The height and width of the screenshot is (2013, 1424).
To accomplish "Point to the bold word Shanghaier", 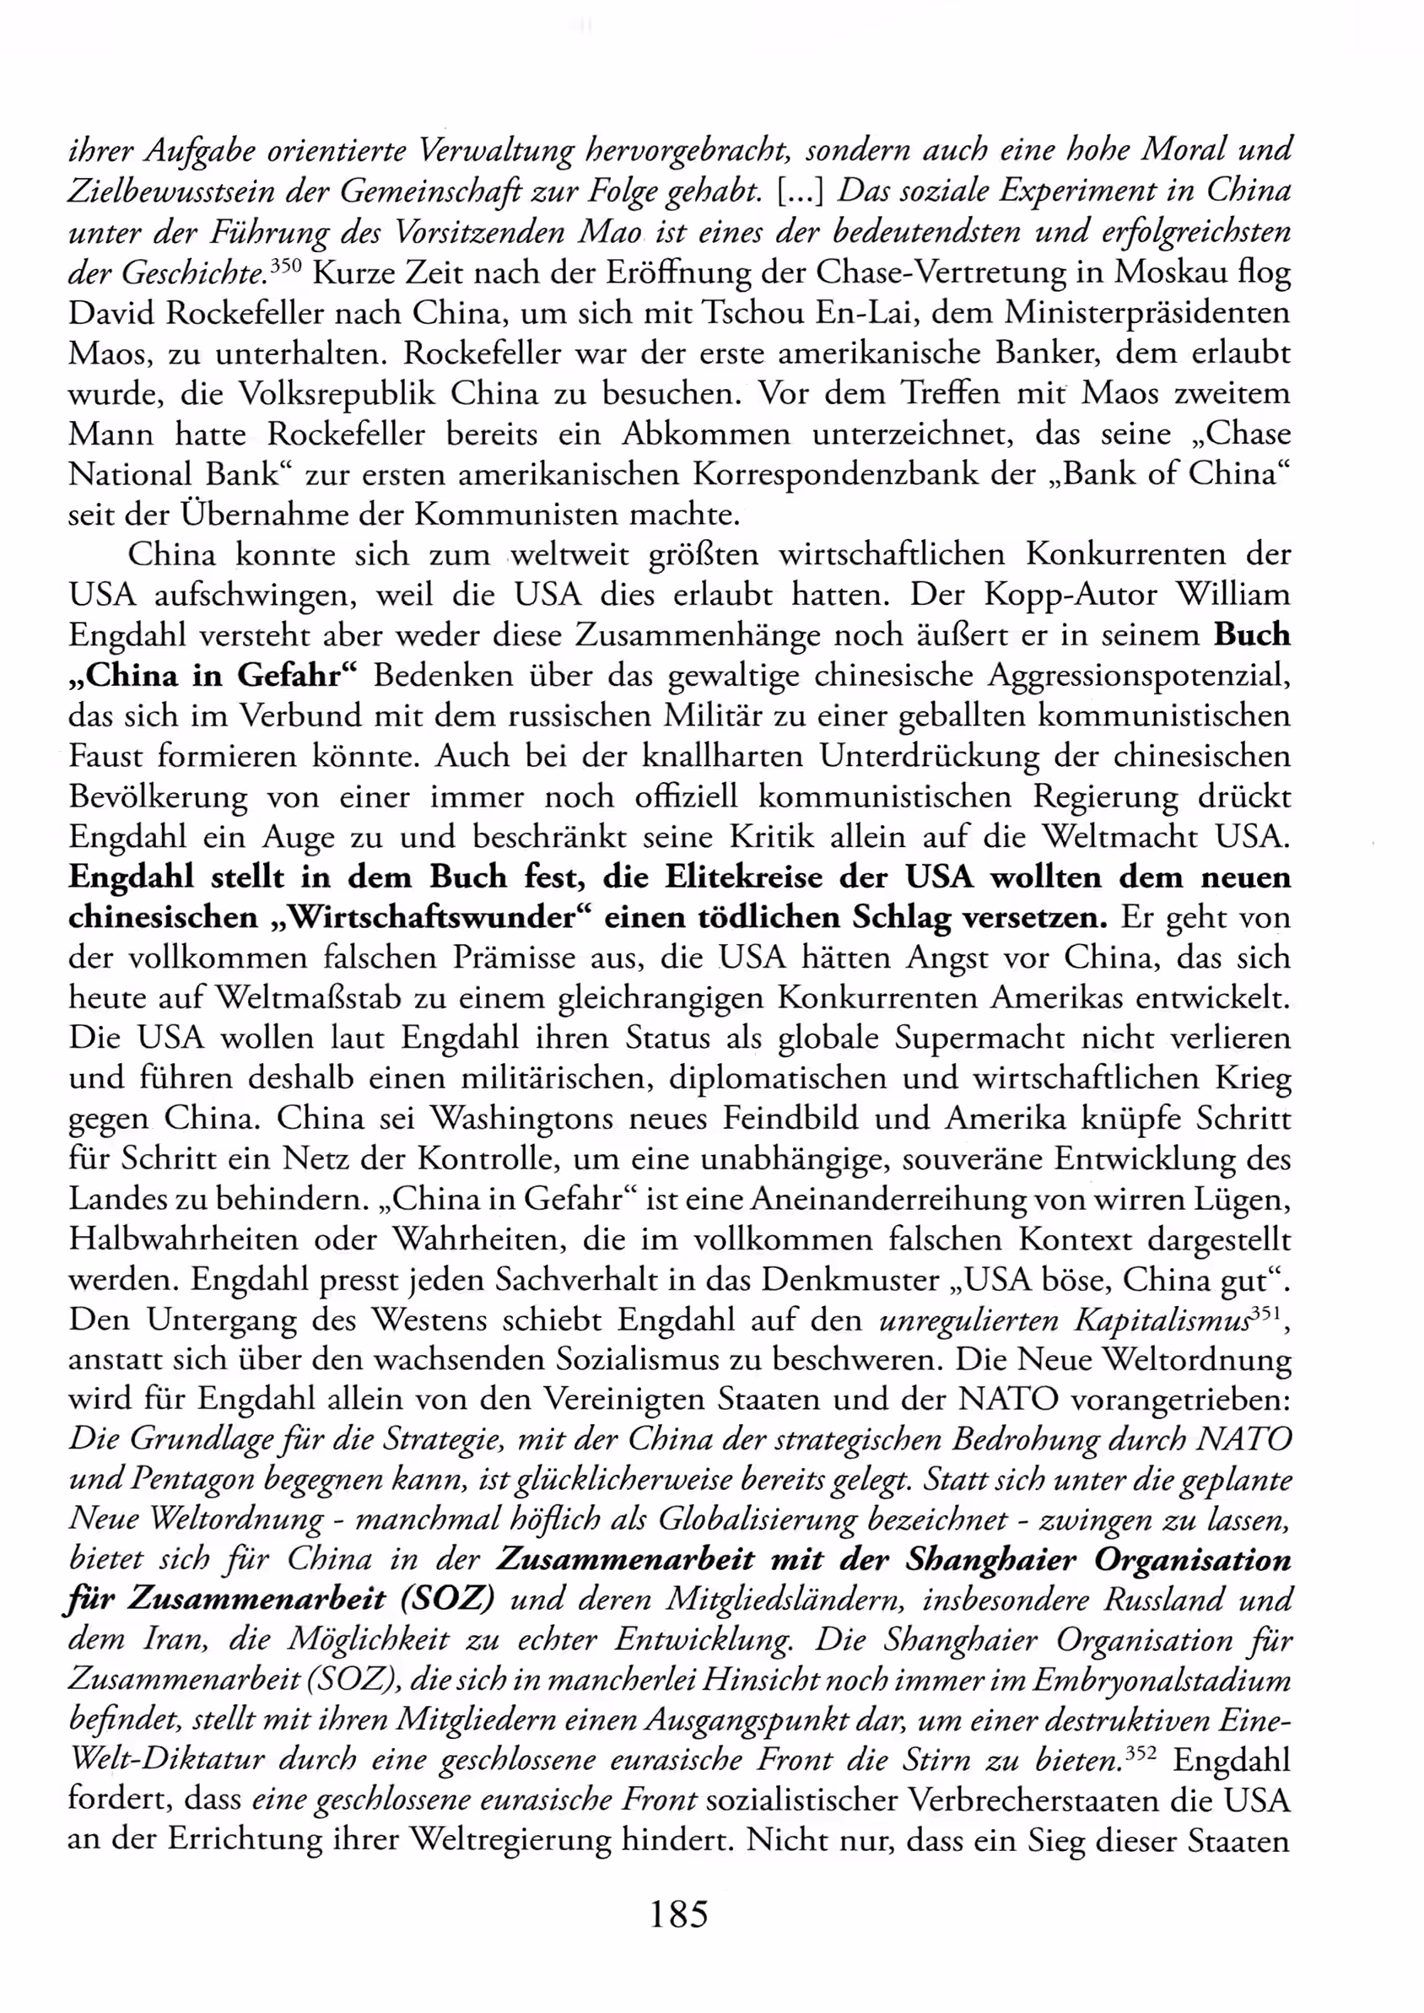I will click(991, 1561).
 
